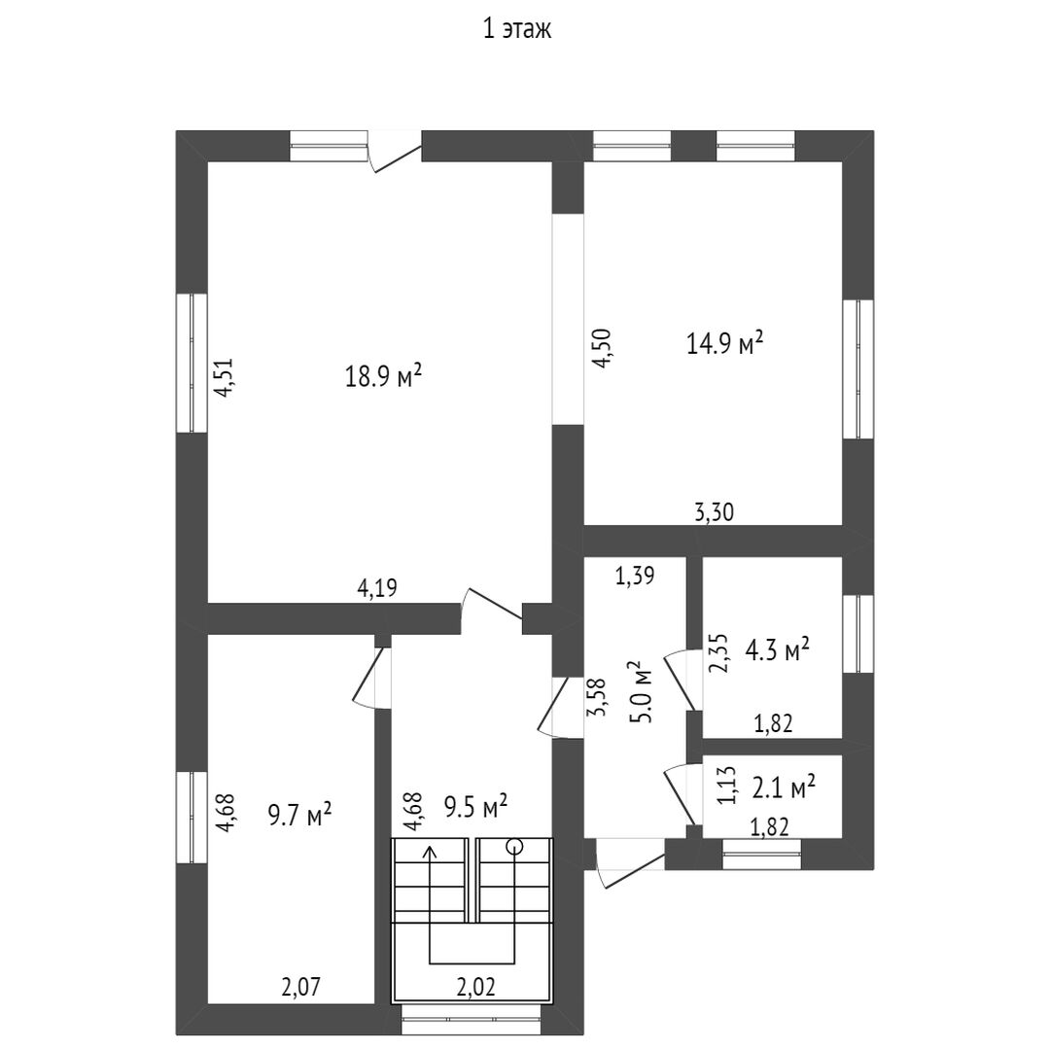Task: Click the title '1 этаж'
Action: (x=517, y=30)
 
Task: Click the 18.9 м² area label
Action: (x=383, y=375)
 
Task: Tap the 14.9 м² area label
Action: (x=725, y=343)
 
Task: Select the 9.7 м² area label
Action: (x=300, y=815)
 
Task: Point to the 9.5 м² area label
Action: (x=475, y=806)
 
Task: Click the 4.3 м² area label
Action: (x=778, y=649)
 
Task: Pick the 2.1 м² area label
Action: (x=784, y=787)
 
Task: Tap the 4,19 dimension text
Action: (x=377, y=588)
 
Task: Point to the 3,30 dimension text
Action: (x=714, y=512)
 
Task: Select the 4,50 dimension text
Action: (x=602, y=348)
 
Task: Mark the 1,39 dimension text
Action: (x=635, y=575)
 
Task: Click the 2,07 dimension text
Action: (x=300, y=987)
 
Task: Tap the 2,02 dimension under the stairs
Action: (x=475, y=987)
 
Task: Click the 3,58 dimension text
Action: (x=596, y=698)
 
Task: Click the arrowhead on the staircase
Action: (x=430, y=853)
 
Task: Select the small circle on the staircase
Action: (x=514, y=847)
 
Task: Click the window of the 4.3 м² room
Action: (x=857, y=634)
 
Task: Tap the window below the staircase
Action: (x=471, y=1019)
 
